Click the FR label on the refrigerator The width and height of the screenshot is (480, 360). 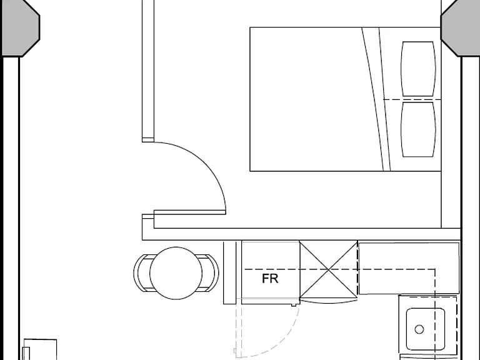tap(270, 279)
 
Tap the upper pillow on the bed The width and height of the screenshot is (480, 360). tap(418, 69)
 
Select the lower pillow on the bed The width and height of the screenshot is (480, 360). tap(418, 129)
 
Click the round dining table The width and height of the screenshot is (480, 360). tap(176, 273)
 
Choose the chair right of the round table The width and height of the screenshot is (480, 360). tap(211, 273)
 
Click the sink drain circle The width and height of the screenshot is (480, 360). tap(419, 329)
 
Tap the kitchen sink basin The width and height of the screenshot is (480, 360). tap(426, 329)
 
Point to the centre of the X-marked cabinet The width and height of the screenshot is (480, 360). tap(329, 269)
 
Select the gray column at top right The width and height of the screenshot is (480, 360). tap(460, 28)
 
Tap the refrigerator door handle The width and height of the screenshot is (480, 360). tap(294, 305)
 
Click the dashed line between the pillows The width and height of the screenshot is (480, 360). tap(412, 99)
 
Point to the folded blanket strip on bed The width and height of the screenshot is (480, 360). tap(376, 99)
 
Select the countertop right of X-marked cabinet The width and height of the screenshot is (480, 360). tap(409, 268)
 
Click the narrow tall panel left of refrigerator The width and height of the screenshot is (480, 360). tap(230, 272)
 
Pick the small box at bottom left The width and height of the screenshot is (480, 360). tap(40, 349)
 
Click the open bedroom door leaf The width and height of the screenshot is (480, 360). tap(190, 212)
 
